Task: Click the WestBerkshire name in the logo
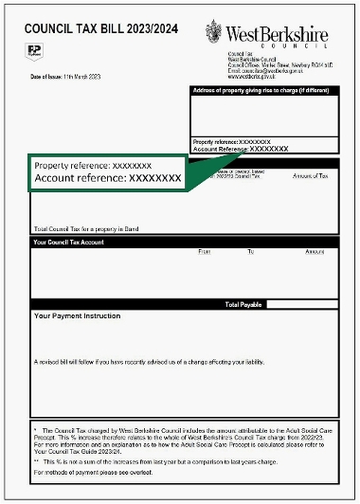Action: [278, 35]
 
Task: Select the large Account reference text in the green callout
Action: [107, 177]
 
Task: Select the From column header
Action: [205, 252]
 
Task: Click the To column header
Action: [251, 252]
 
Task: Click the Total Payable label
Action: [243, 305]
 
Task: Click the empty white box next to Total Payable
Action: [300, 305]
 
